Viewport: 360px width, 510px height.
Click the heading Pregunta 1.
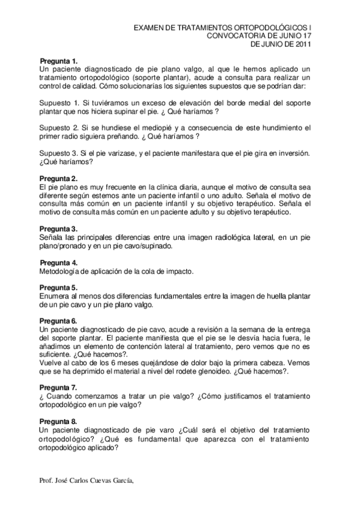click(59, 61)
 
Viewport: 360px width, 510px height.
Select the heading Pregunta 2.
click(58, 179)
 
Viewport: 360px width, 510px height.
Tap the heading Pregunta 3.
click(58, 229)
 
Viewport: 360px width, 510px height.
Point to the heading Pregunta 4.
click(59, 263)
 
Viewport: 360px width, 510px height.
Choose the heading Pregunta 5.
click(58, 287)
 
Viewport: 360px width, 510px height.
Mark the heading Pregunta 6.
click(58, 321)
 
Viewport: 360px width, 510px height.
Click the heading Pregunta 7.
click(58, 387)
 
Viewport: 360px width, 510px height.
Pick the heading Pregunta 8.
click(58, 422)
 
